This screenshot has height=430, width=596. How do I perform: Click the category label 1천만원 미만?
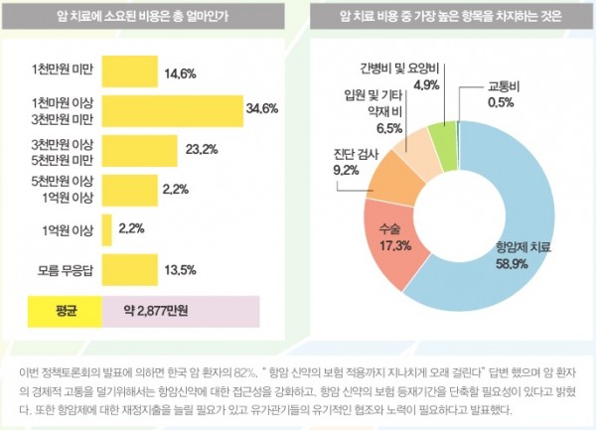pos(64,72)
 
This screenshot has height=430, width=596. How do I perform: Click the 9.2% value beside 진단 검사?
pos(347,170)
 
